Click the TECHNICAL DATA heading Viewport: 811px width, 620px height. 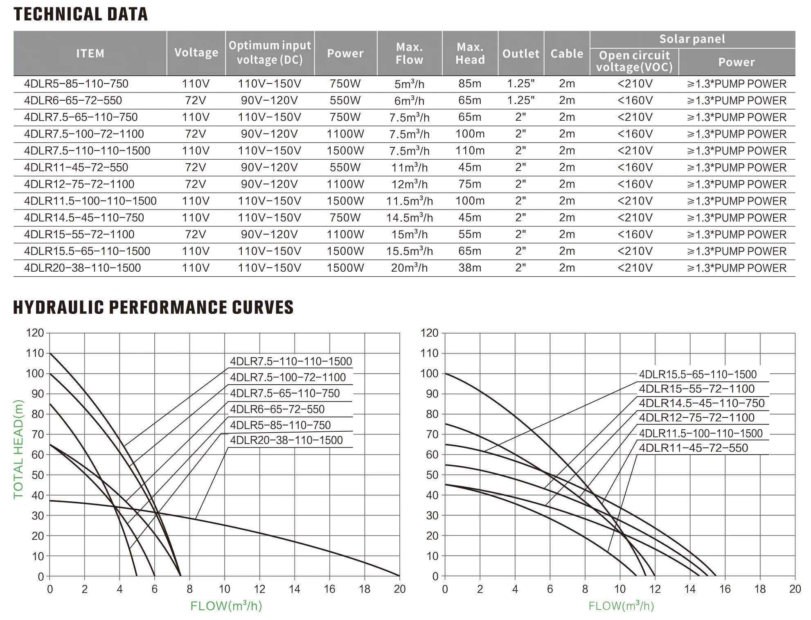[x=81, y=14]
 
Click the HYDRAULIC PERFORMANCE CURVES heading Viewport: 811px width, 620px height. [x=153, y=307]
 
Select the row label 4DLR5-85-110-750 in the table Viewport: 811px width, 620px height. [x=76, y=84]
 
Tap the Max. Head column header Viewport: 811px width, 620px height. [x=470, y=53]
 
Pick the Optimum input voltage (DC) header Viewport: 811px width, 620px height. [x=270, y=53]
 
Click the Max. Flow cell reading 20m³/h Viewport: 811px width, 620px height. [x=409, y=268]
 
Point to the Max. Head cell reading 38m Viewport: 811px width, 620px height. [x=470, y=268]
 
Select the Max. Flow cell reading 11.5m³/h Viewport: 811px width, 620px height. [x=409, y=201]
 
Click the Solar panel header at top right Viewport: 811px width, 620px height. [x=692, y=39]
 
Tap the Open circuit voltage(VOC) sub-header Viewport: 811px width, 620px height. [x=634, y=61]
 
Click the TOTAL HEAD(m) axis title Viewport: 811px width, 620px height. [x=18, y=449]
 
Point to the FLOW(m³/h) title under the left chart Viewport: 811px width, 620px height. [x=226, y=606]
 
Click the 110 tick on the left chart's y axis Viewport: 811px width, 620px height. [x=35, y=353]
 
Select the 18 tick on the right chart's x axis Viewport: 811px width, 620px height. [x=760, y=589]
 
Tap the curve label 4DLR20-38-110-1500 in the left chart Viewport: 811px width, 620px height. [x=286, y=440]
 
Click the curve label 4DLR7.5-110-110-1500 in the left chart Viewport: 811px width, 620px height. [x=291, y=361]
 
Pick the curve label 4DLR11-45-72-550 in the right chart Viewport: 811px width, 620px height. [x=693, y=448]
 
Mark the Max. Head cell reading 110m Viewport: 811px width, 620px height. [x=470, y=151]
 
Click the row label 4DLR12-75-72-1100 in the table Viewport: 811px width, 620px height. [x=79, y=184]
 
